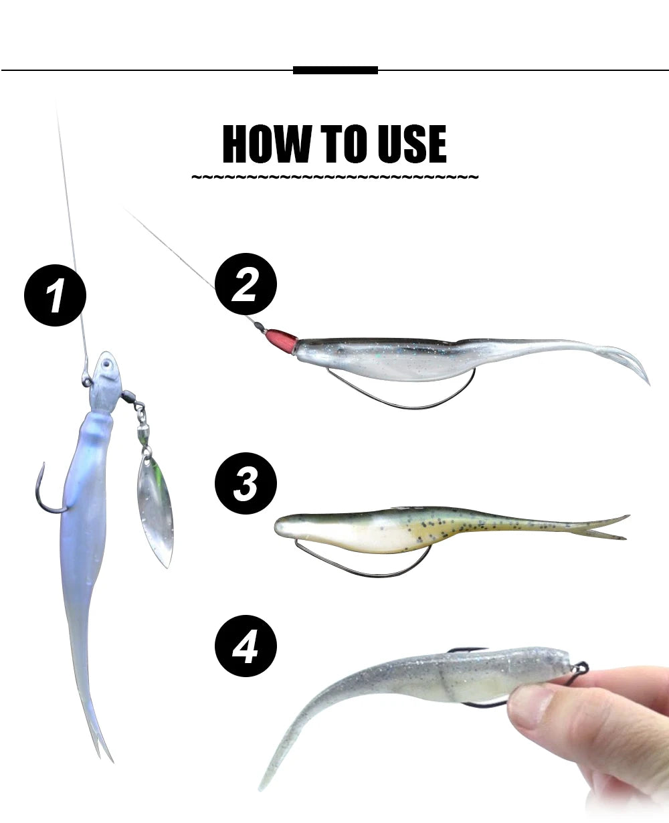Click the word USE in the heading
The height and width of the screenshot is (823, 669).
411,143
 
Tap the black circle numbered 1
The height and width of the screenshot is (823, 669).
55,295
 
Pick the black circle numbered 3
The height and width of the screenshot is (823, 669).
246,483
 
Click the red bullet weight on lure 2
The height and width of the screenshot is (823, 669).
284,341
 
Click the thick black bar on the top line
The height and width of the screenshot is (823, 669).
335,70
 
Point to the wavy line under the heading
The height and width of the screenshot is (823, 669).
334,178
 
